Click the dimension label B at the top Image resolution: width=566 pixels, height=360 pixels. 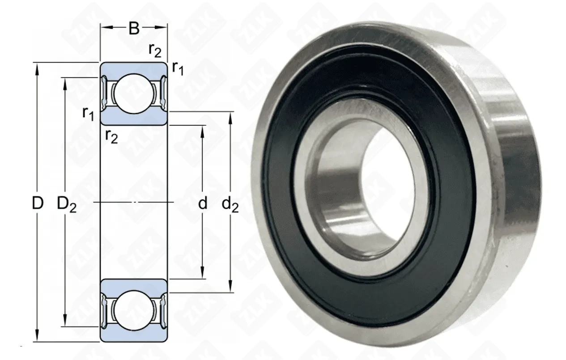(x=134, y=29)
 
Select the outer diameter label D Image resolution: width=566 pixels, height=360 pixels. (x=38, y=203)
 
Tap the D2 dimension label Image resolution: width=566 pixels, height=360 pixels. (x=66, y=204)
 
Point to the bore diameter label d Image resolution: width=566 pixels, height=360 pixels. (x=202, y=203)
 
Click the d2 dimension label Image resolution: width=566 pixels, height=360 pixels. (x=230, y=204)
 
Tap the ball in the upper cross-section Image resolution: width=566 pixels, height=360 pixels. (x=134, y=93)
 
